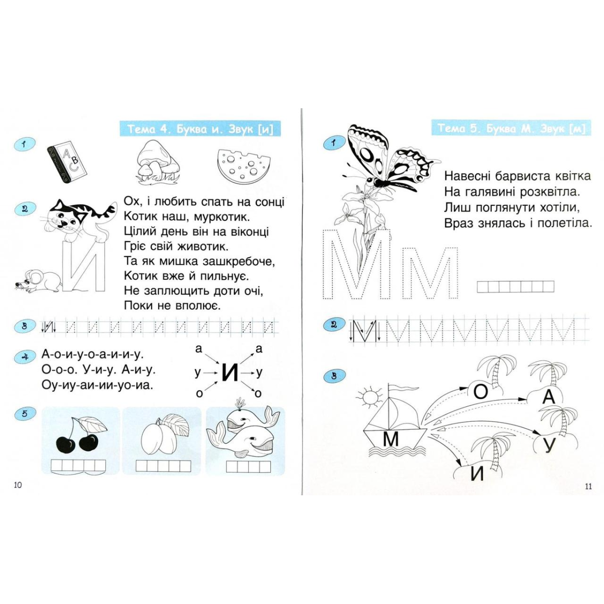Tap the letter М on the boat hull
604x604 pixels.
coord(391,439)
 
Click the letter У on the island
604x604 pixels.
coord(548,446)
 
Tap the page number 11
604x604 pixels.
coord(588,495)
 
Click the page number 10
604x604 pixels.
coord(18,494)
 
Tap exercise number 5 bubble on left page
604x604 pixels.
coord(25,413)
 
